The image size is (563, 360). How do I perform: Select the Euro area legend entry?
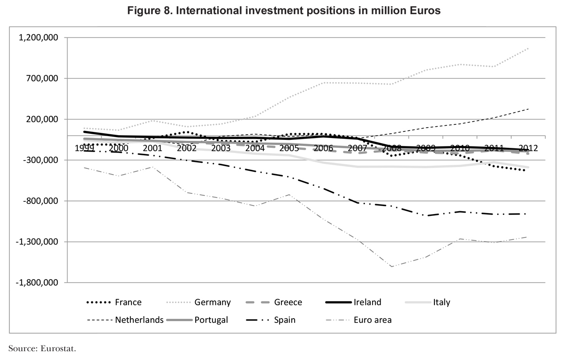373,320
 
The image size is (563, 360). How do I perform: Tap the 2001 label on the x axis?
152,148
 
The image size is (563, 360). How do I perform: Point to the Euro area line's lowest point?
391,267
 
